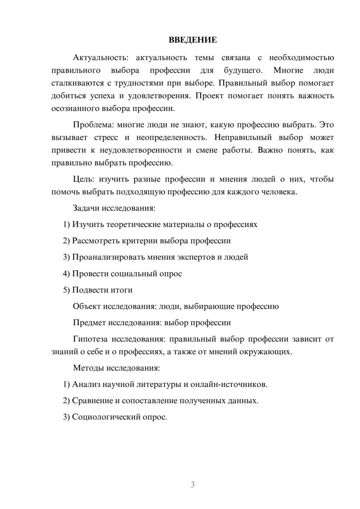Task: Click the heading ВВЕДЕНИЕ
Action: (x=193, y=40)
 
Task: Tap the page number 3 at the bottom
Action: (x=193, y=485)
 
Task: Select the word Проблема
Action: (x=92, y=125)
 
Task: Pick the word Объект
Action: (x=87, y=306)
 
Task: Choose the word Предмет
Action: (x=89, y=323)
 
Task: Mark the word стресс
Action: (x=106, y=138)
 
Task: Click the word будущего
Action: (x=243, y=70)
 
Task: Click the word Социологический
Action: (x=105, y=417)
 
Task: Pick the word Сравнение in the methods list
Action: (x=92, y=401)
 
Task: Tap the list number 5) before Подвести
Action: (x=67, y=290)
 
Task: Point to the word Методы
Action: (x=88, y=368)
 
